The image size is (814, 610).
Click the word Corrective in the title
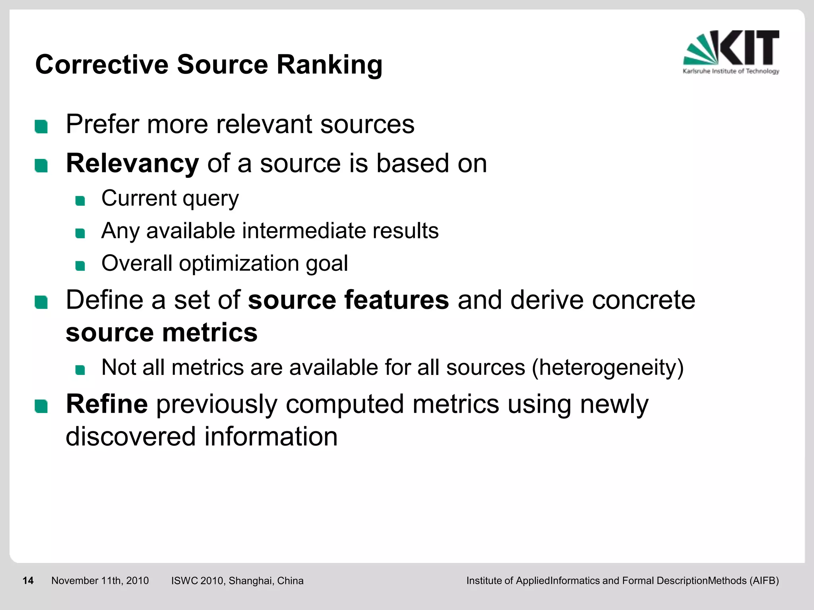[102, 65]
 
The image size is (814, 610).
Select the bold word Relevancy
[132, 164]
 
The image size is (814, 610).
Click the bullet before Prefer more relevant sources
[41, 127]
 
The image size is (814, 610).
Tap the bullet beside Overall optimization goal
[80, 266]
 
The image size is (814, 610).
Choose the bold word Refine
[107, 404]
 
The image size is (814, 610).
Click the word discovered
[131, 436]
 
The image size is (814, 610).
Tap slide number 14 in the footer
[28, 581]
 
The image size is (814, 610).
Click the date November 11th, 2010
[100, 581]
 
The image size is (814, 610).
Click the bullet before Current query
[80, 201]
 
